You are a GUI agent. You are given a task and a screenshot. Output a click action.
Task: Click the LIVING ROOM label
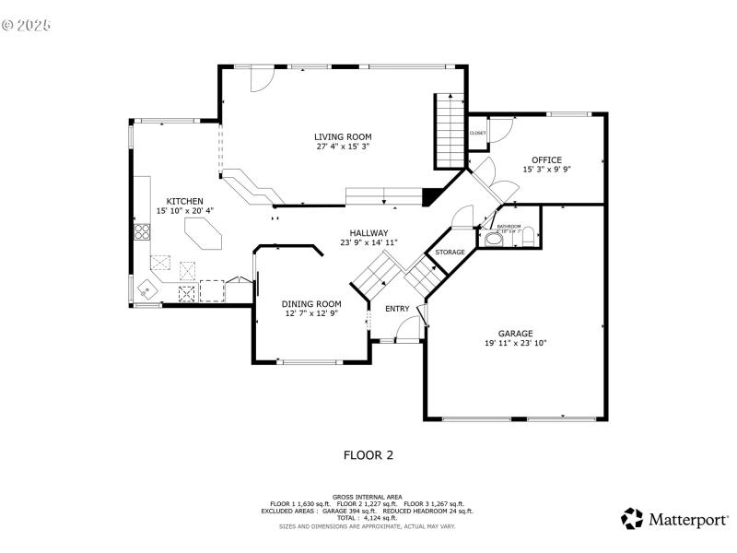pos(344,136)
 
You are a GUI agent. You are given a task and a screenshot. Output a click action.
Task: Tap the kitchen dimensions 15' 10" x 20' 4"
pos(184,210)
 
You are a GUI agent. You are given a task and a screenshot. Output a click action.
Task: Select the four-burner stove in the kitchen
pos(142,231)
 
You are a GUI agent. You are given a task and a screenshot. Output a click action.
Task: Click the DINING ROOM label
pos(311,303)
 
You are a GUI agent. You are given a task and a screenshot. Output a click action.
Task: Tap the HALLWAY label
pos(368,232)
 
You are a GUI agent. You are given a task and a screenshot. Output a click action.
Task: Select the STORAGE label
pos(450,252)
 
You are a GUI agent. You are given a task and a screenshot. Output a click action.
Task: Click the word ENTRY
pos(397,308)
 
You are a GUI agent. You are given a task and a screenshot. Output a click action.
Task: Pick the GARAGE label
pos(515,333)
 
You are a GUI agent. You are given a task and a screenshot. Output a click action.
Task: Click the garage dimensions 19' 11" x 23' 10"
pos(515,343)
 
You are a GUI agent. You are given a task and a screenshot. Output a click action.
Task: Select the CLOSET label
pos(477,133)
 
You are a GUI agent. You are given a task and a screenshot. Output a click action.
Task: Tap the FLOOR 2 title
pos(368,454)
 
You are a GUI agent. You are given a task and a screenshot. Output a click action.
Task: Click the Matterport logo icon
pos(632,519)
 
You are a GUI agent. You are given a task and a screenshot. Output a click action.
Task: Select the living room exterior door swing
pos(261,80)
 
